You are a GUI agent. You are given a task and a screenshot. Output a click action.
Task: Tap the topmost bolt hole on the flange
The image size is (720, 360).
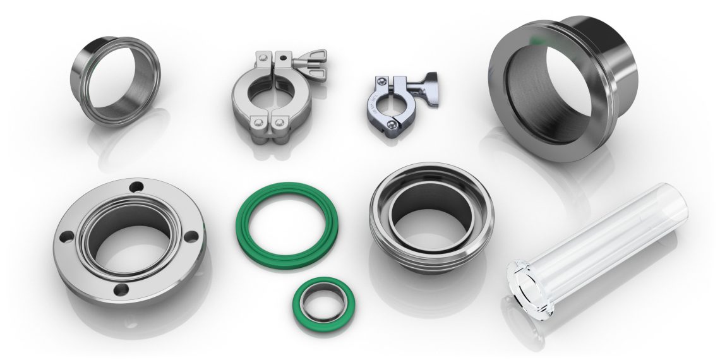[x=135, y=188]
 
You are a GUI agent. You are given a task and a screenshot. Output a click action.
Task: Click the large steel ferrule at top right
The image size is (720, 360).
[x=562, y=95]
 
